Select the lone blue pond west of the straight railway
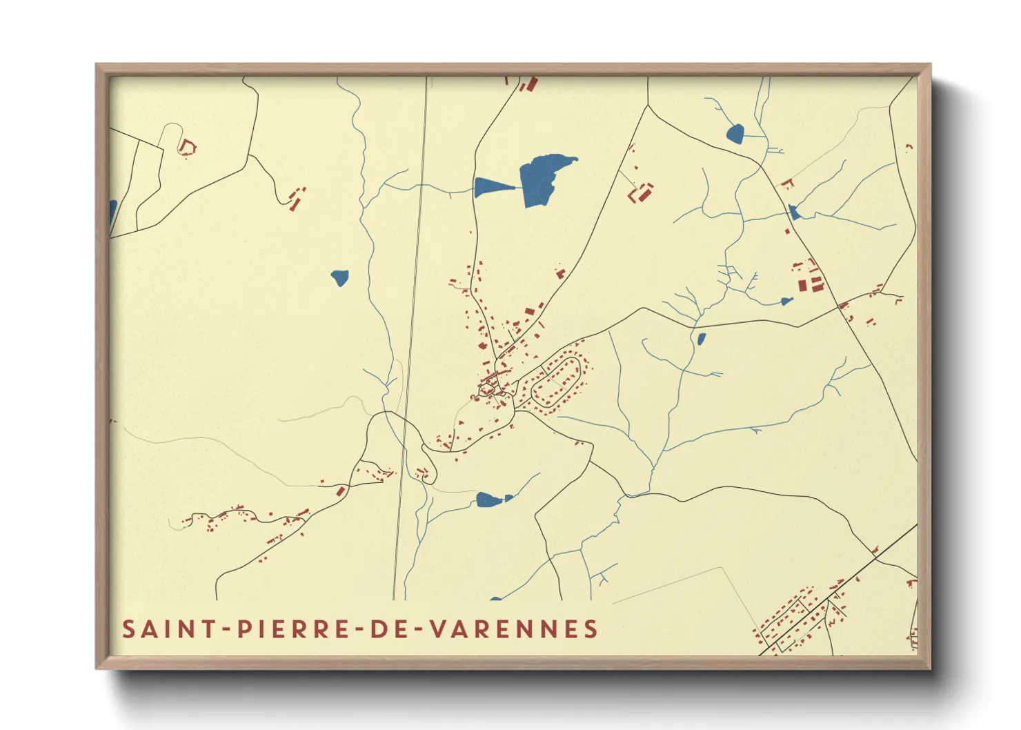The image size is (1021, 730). [339, 277]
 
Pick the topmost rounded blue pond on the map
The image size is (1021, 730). [735, 133]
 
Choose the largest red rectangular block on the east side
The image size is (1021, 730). [802, 285]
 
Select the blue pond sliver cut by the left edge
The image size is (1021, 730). [112, 213]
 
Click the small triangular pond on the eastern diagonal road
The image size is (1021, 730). [794, 213]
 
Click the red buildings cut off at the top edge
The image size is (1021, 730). [530, 84]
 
